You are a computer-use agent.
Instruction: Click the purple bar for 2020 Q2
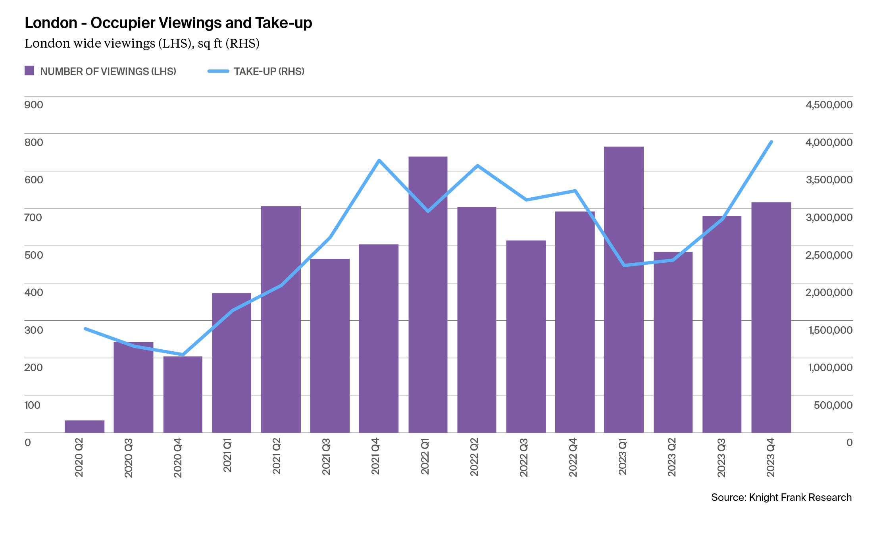point(85,426)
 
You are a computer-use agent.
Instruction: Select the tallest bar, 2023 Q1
point(623,290)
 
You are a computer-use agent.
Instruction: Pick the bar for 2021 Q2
point(281,319)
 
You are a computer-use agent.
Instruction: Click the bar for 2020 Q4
point(183,395)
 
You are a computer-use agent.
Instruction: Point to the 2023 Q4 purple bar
point(771,318)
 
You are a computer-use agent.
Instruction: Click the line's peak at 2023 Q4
point(771,142)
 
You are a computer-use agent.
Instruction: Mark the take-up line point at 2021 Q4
point(379,160)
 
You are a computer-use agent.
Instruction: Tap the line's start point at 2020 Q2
point(85,329)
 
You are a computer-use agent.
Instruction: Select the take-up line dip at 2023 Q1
point(624,265)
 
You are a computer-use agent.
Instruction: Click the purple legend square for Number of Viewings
point(29,71)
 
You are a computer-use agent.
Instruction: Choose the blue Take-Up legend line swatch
point(218,71)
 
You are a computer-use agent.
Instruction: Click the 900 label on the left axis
point(34,105)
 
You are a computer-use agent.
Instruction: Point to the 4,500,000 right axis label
point(829,105)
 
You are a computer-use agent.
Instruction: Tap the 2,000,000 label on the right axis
point(829,293)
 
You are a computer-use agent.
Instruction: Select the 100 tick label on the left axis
point(32,405)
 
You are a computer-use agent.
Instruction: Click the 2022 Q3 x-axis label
point(523,457)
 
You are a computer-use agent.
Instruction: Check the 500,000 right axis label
point(833,405)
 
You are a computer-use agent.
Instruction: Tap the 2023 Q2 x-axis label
point(671,457)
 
